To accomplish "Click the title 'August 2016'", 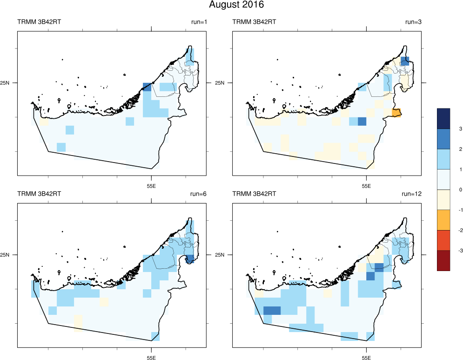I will point(236,5).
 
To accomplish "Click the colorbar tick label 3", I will point(447,129).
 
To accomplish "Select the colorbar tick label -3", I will point(448,251).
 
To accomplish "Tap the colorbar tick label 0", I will point(447,190).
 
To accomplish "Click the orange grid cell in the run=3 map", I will point(396,113).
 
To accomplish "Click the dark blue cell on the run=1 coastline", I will point(147,87).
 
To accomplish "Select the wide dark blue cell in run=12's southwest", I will point(272,311).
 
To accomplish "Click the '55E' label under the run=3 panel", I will point(366,186).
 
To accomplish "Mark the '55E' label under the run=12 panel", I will point(366,358).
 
